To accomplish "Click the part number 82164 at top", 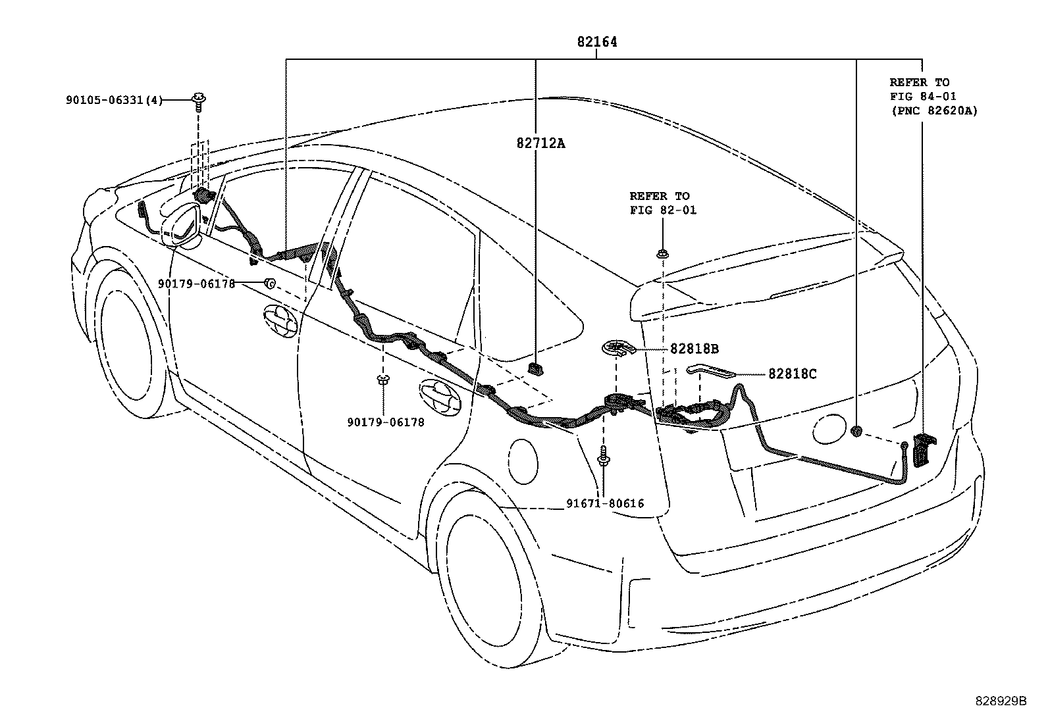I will (597, 42).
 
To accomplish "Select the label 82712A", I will (540, 143).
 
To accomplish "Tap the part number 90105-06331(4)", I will (114, 100).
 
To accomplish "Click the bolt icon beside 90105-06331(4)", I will (197, 101).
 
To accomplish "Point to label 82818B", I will (694, 349).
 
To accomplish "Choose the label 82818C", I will (792, 374).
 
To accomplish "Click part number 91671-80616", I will (605, 504).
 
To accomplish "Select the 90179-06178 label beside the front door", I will (196, 284).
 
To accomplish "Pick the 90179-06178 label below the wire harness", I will (386, 422).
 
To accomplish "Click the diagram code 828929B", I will (1001, 701).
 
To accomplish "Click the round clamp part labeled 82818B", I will (617, 348).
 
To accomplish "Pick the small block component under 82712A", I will (537, 368).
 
